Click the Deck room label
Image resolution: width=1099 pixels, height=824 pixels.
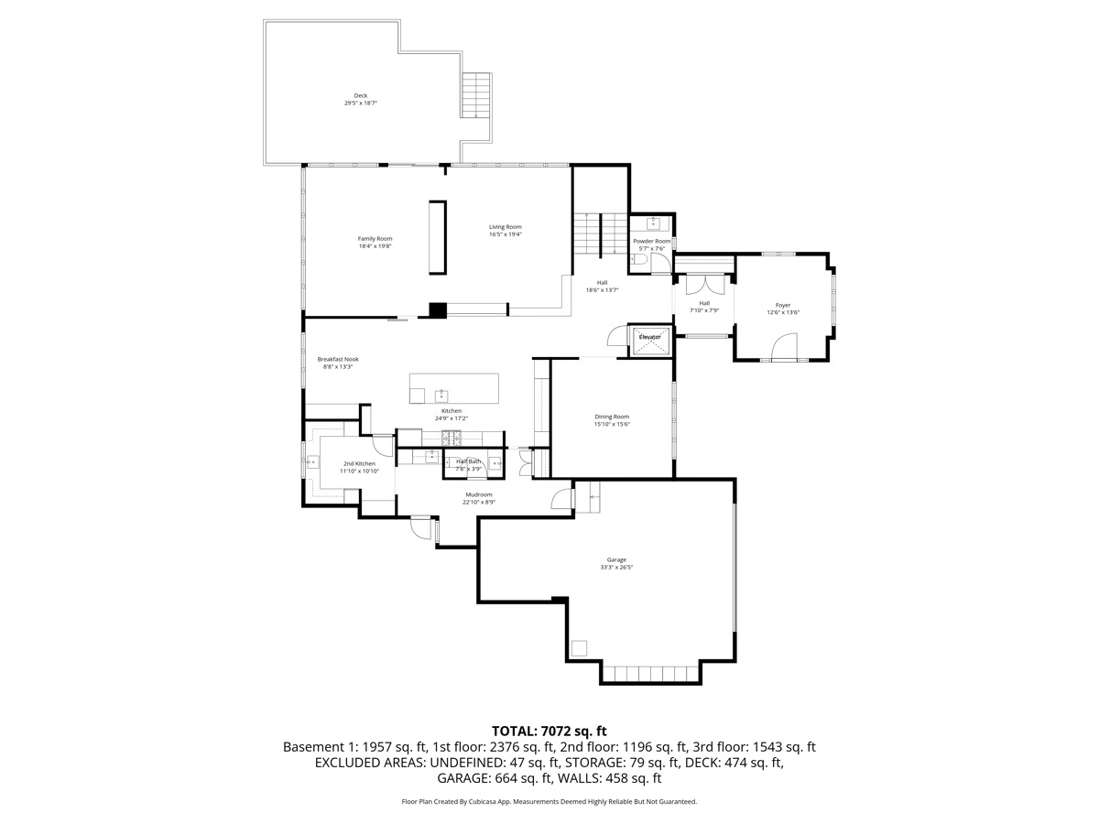[x=361, y=95]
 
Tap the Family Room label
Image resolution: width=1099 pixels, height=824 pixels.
[x=375, y=238]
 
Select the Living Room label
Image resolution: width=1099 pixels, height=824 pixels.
[x=505, y=227]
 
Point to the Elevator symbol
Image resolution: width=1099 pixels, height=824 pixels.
[x=650, y=339]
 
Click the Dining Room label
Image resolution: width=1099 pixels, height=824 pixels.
[x=612, y=417]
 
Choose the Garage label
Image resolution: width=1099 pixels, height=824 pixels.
[x=616, y=559]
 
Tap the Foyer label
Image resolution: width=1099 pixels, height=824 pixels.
[x=783, y=305]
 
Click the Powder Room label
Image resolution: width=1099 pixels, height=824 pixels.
[x=652, y=241]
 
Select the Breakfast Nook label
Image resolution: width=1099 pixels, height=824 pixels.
[x=338, y=359]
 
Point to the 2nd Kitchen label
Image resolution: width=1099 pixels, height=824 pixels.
[x=360, y=464]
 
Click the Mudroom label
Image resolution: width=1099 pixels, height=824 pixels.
[x=479, y=494]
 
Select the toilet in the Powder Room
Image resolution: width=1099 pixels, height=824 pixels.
[x=639, y=262]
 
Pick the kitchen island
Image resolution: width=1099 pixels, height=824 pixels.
[x=453, y=388]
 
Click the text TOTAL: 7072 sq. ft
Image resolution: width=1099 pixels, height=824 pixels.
[x=549, y=731]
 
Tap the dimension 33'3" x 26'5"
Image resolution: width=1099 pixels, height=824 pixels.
[x=616, y=568]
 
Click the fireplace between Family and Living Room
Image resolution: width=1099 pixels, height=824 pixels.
[x=434, y=237]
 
